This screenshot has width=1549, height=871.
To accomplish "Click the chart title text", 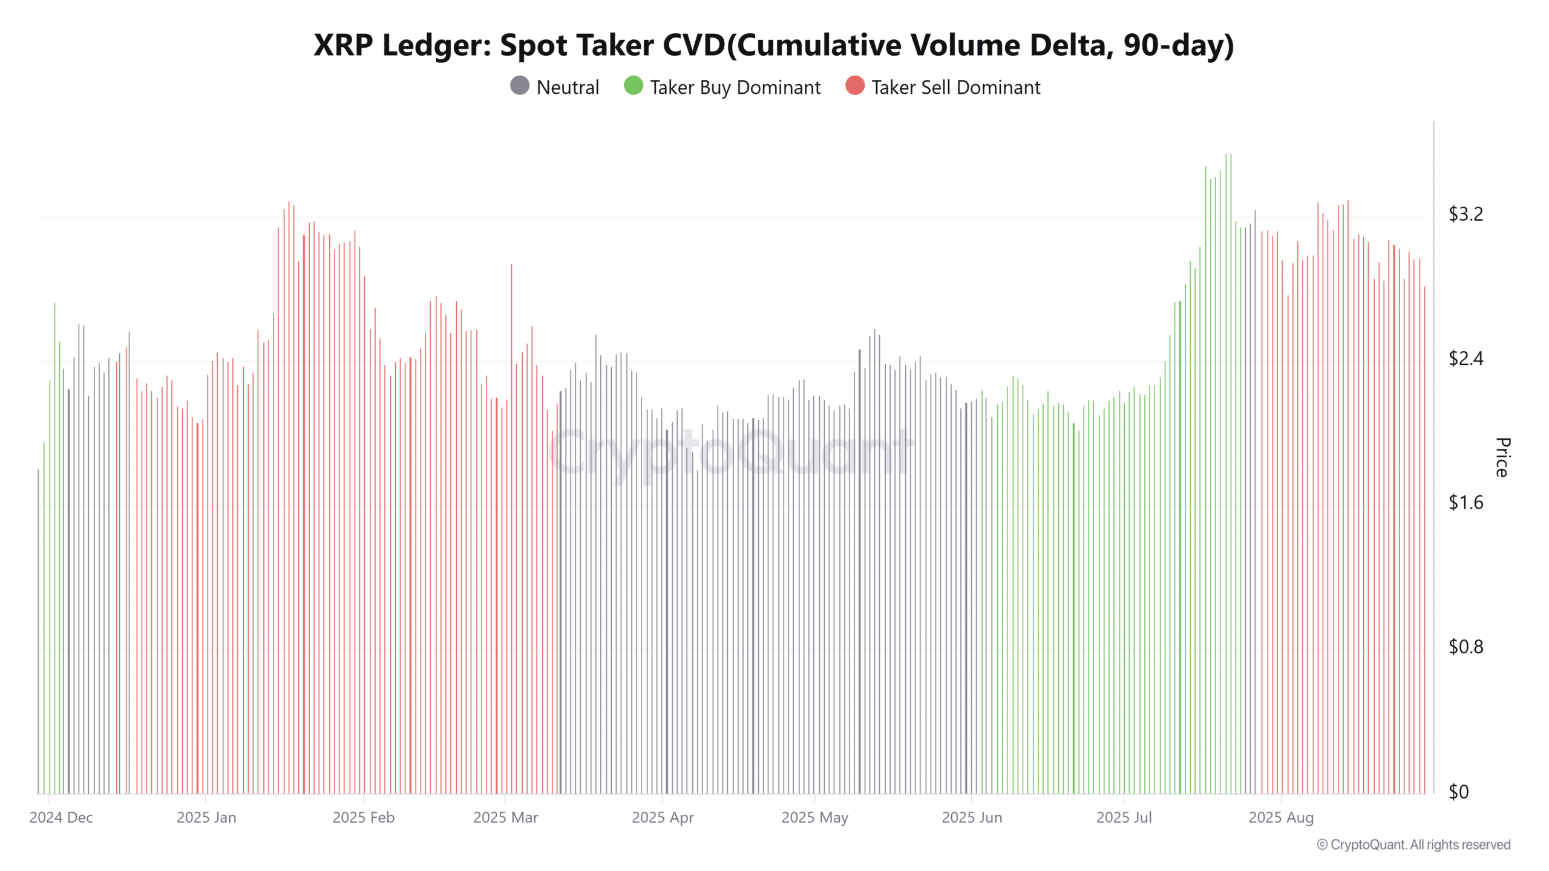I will (773, 45).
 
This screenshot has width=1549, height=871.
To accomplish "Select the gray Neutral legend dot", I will (520, 86).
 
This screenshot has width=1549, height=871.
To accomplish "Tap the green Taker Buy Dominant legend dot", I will (633, 86).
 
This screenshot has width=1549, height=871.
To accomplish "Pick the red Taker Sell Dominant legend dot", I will (854, 86).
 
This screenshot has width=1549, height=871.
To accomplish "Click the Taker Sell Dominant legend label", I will (955, 88).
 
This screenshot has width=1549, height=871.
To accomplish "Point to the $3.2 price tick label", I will (1465, 214).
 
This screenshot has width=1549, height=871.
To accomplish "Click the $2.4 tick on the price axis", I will (1465, 359).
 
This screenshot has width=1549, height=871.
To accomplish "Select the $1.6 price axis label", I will (1465, 503).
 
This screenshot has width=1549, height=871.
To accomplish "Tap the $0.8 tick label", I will (1465, 647).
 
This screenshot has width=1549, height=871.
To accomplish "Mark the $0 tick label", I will (1459, 792).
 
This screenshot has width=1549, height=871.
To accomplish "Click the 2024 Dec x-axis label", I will (61, 818).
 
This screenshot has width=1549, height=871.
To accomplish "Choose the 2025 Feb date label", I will (363, 818).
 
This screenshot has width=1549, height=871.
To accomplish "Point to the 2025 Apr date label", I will (663, 818).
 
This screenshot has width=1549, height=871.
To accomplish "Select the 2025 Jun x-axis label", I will (972, 818).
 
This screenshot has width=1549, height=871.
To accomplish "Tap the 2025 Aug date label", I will (1281, 818).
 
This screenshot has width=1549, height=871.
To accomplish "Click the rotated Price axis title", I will (1502, 457).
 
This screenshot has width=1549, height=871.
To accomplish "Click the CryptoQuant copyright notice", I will (1413, 845).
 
